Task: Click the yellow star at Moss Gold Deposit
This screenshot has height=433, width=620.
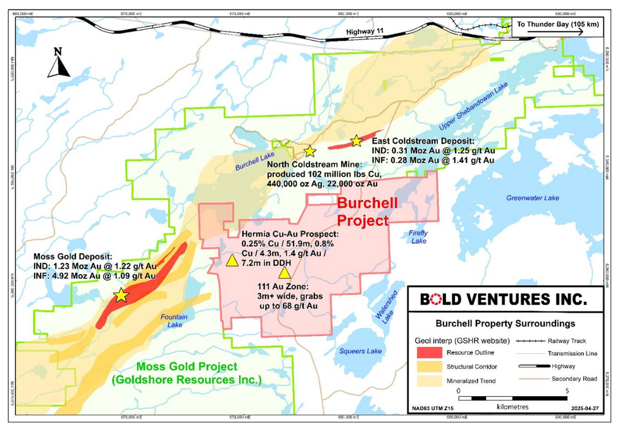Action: (121, 295)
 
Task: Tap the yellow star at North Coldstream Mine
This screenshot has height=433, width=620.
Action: (309, 151)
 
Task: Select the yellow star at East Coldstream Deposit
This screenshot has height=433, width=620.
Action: (356, 140)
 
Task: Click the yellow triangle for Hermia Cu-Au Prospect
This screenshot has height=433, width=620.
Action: (232, 260)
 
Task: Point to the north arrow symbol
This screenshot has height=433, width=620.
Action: (59, 63)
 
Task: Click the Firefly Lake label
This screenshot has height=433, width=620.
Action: (418, 237)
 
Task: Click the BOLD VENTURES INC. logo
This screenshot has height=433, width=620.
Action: (504, 298)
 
